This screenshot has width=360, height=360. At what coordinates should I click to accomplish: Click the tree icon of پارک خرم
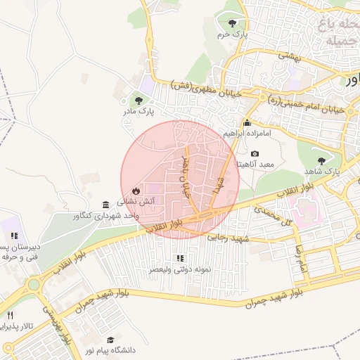(x=233, y=23)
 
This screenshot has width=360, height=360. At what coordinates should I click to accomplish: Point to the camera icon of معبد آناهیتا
(x=255, y=154)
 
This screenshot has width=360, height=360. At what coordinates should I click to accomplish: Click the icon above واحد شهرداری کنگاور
(x=105, y=205)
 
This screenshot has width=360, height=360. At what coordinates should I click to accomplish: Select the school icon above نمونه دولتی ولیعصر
(x=179, y=259)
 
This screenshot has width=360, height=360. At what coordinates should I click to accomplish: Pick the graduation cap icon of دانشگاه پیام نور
(x=110, y=340)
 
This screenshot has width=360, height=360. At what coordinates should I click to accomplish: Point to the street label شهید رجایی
(x=229, y=239)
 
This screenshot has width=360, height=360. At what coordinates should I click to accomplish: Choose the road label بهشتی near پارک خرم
(x=288, y=56)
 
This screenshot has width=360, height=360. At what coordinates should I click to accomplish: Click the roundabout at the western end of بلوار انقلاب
(x=33, y=285)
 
